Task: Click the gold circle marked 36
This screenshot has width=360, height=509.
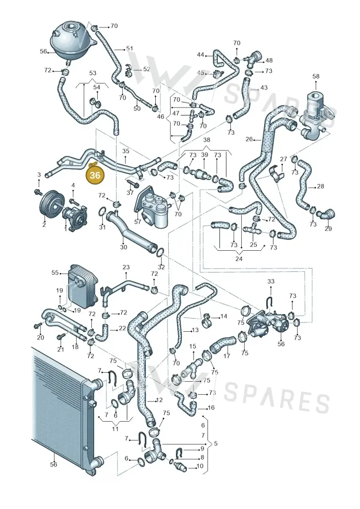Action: [x=95, y=176]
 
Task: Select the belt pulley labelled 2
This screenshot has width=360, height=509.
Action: [x=49, y=207]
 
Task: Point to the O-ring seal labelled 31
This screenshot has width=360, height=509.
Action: [x=102, y=212]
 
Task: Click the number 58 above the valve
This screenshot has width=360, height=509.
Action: [x=316, y=77]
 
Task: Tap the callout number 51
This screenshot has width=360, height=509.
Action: [x=130, y=49]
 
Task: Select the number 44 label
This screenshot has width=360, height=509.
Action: [x=200, y=54]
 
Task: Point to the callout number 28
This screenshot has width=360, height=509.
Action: [x=320, y=186]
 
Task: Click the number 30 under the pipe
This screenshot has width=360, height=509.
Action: [x=123, y=247]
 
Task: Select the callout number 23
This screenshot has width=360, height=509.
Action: [x=126, y=267]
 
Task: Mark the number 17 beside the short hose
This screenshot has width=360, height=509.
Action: [x=227, y=356]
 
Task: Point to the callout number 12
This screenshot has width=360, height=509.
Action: [x=159, y=400]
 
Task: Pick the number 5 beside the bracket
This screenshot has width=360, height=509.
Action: [x=216, y=443]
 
